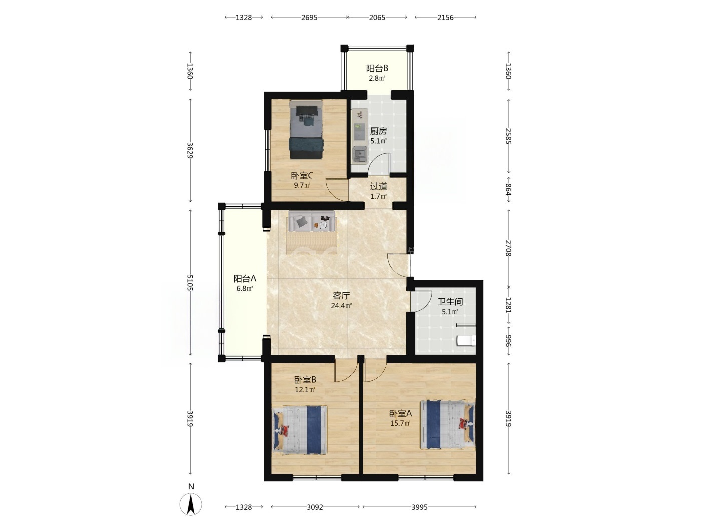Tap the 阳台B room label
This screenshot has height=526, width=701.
[x=377, y=68]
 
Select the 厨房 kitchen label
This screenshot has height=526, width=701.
[x=378, y=131]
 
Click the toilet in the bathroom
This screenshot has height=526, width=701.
[x=467, y=341]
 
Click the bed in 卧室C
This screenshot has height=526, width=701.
[x=306, y=129]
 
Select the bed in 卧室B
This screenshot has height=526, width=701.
[x=300, y=430]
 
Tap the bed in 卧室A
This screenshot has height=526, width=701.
[x=448, y=424]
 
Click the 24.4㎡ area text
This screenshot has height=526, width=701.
[x=341, y=305]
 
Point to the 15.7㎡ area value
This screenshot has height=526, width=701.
[x=400, y=423]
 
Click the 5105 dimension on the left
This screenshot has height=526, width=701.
[x=190, y=283]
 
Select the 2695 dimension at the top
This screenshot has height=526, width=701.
[x=309, y=17]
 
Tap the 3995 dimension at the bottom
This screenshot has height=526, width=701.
[x=419, y=507]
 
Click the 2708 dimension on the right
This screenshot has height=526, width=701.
[x=508, y=248]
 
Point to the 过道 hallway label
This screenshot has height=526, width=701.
[x=379, y=186]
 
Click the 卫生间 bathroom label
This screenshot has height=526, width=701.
[x=450, y=302]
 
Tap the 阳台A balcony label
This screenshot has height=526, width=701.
[x=245, y=278]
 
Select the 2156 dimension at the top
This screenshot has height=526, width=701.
[x=445, y=17]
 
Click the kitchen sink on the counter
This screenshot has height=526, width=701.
[x=360, y=155]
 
